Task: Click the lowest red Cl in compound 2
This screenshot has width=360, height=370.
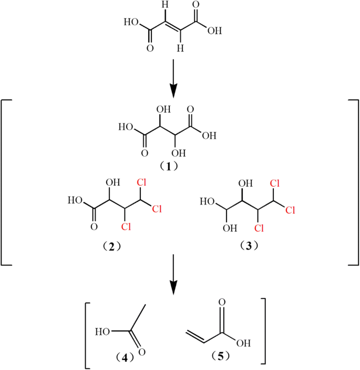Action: tap(125, 227)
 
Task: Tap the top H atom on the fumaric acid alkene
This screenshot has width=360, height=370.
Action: tap(164, 6)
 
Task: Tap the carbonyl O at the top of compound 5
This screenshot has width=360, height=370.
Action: tap(221, 303)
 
